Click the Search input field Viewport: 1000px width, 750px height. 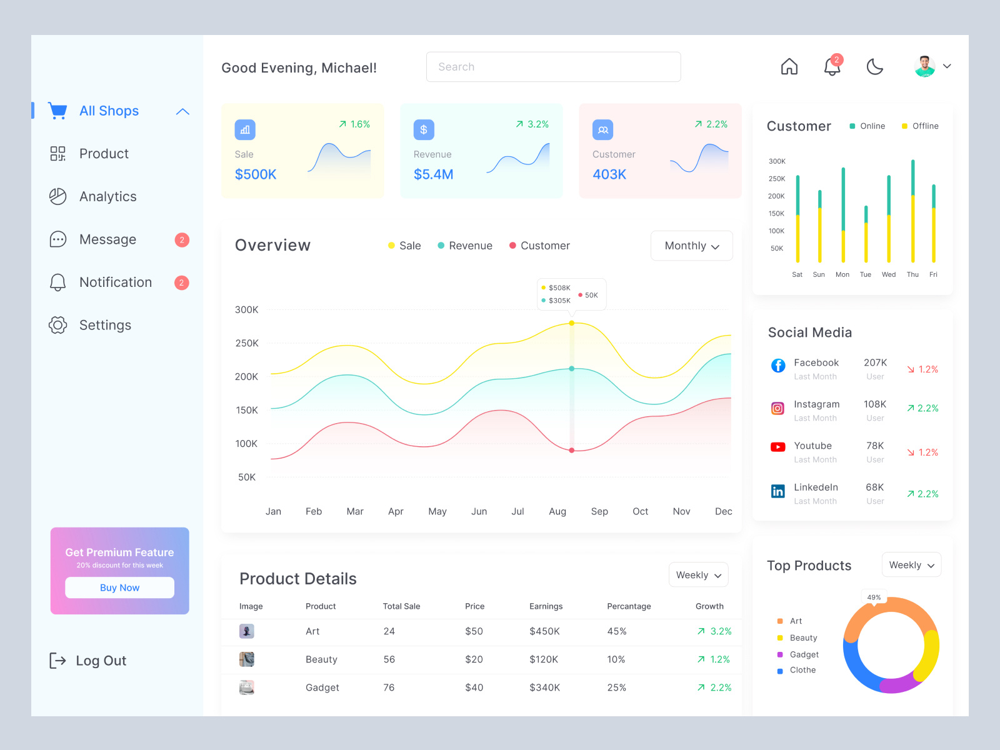553,67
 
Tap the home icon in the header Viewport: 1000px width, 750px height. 789,66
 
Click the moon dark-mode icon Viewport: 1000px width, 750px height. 874,66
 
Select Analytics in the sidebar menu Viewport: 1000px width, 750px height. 107,197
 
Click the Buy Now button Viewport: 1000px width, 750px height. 119,587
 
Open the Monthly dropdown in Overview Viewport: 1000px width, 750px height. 691,246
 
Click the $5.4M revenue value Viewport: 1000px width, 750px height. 433,174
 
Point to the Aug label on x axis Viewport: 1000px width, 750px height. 557,511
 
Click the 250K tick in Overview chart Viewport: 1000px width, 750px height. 247,343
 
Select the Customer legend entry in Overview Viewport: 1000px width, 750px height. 539,246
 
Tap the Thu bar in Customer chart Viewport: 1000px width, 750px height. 913,211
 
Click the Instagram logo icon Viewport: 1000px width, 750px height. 777,409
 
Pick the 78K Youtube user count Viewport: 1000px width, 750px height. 875,446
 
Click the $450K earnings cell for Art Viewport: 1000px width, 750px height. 544,631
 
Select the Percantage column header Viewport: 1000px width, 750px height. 629,606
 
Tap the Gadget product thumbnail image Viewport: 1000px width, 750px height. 247,687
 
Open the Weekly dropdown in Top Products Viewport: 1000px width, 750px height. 911,565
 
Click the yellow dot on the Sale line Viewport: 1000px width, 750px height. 572,323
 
